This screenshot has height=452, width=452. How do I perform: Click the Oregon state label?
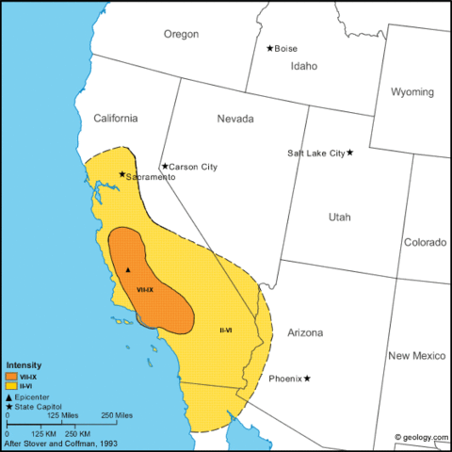[x=182, y=34]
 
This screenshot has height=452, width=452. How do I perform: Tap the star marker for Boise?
[x=270, y=48]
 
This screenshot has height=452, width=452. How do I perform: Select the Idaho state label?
[x=304, y=67]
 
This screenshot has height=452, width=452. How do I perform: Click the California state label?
[x=115, y=118]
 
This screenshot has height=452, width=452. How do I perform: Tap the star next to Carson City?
[x=165, y=167]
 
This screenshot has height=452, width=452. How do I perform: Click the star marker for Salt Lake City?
[x=350, y=153]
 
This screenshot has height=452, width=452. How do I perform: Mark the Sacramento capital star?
[x=121, y=173]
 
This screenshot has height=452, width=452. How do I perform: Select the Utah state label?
[x=339, y=217]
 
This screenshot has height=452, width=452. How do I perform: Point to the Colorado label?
[x=425, y=242]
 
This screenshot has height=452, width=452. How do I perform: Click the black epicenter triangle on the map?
[x=128, y=270]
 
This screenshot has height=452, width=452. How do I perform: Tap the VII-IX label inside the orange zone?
[x=145, y=289]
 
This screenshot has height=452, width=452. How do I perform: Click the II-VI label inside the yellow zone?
[x=226, y=330]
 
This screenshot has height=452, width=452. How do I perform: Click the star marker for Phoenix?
[x=307, y=379]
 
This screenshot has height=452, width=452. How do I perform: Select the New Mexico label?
[x=412, y=356]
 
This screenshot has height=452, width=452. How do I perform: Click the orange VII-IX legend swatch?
[x=11, y=377]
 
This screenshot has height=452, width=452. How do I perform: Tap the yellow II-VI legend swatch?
[x=11, y=386]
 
